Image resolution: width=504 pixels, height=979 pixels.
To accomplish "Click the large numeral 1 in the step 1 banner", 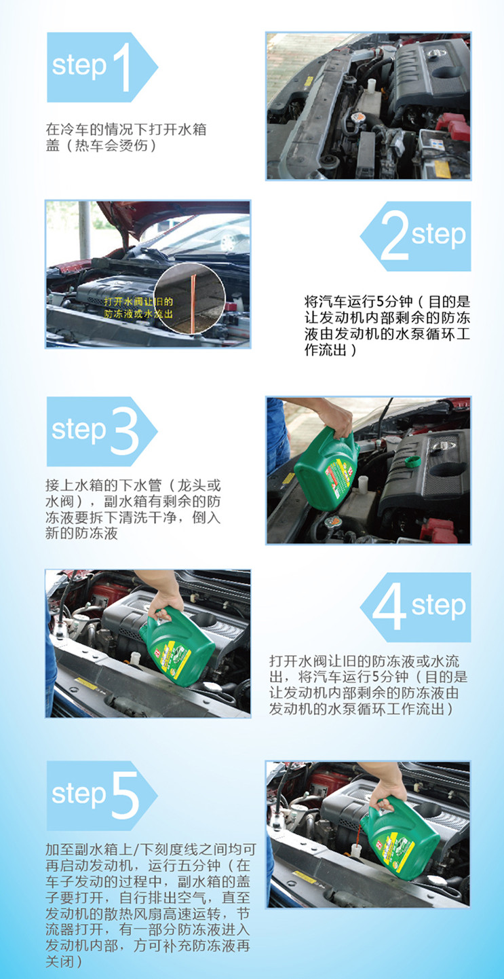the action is pos(123,68).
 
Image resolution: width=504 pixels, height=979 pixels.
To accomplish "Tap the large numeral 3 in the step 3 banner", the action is pos(125,431).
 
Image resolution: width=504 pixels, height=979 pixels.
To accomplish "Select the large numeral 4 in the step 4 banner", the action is pos(389,607).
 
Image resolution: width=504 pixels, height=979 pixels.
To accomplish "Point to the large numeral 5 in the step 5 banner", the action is pos(125,796).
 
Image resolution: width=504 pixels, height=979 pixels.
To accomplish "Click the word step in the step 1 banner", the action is pos(79,67).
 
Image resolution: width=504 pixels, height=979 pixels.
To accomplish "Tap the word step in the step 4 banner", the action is pos(438,606).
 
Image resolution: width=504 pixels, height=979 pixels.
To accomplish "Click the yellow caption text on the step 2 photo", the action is pos(138,308).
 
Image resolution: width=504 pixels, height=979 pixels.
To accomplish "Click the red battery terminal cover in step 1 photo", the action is pos(453,127).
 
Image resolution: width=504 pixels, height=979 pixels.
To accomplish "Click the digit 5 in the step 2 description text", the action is pos(380,302).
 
